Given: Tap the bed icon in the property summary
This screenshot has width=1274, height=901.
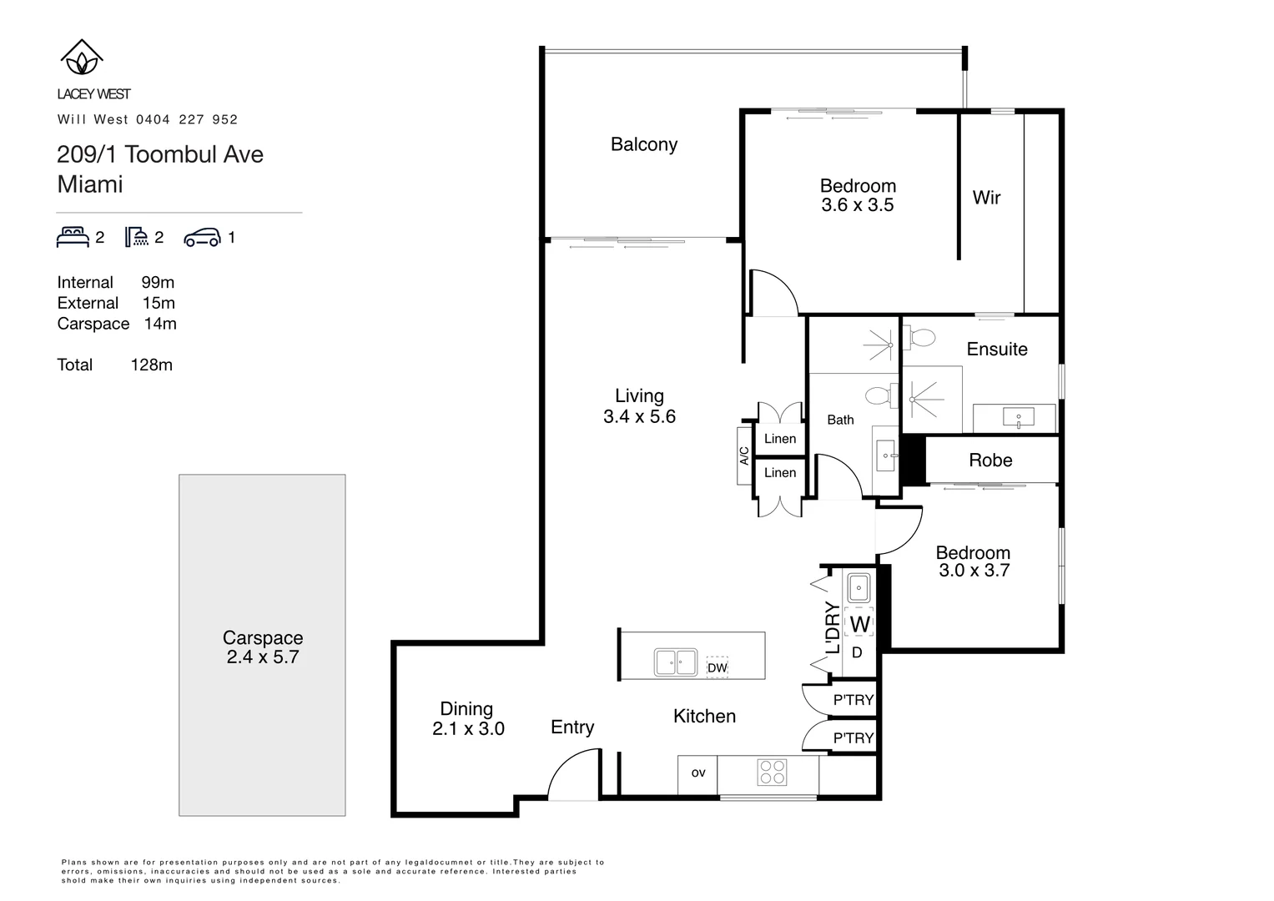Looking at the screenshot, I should pyautogui.click(x=73, y=237).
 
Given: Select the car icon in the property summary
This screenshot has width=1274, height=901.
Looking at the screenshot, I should pyautogui.click(x=202, y=238).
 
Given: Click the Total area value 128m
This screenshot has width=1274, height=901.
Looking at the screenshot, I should pyautogui.click(x=151, y=365).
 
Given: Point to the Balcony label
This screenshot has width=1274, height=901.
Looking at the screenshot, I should pyautogui.click(x=643, y=144).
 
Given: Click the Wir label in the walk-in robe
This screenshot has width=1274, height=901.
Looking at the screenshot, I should pyautogui.click(x=986, y=198).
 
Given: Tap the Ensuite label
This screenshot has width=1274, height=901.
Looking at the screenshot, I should pyautogui.click(x=996, y=350).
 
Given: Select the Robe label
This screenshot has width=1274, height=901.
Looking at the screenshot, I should pyautogui.click(x=990, y=460).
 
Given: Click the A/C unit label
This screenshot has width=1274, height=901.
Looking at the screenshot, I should pyautogui.click(x=744, y=456).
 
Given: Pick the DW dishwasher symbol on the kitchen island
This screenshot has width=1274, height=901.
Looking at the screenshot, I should pyautogui.click(x=717, y=667).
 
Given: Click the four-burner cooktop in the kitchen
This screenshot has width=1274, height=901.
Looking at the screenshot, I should pyautogui.click(x=772, y=773).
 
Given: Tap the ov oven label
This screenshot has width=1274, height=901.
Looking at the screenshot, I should pyautogui.click(x=698, y=773).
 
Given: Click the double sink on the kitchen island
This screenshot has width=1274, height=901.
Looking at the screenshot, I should pyautogui.click(x=676, y=662).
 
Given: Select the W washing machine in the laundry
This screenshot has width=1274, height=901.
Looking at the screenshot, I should pyautogui.click(x=859, y=624).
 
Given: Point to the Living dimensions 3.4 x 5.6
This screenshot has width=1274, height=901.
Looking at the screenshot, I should pyautogui.click(x=639, y=416).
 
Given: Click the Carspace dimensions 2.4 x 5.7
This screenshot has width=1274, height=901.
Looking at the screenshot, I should pyautogui.click(x=262, y=657).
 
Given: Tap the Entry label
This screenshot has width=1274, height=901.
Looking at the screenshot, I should pyautogui.click(x=572, y=727).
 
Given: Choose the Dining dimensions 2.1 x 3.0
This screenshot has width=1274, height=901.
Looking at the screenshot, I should pyautogui.click(x=468, y=729).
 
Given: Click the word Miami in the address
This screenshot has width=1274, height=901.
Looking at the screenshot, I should pyautogui.click(x=90, y=184).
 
